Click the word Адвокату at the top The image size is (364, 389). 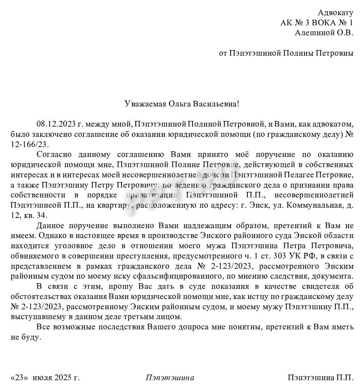335,13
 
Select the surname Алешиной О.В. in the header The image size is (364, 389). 324,33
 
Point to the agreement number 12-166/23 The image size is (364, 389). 30,145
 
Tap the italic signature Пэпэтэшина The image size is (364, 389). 170,378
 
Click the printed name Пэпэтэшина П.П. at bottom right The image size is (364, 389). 320,378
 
